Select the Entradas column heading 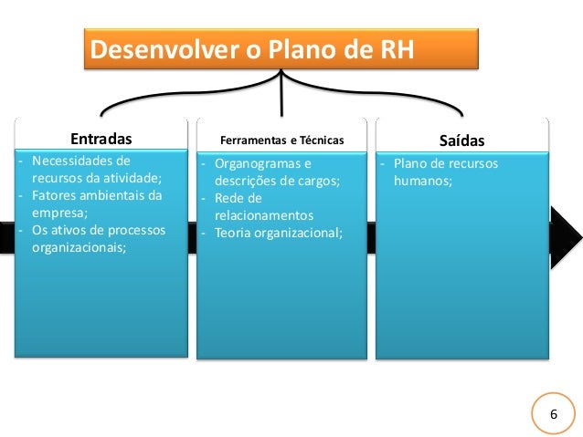[101, 140]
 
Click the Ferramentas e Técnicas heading [282, 141]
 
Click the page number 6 [553, 415]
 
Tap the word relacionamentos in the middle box [263, 215]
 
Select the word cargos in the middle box [317, 182]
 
